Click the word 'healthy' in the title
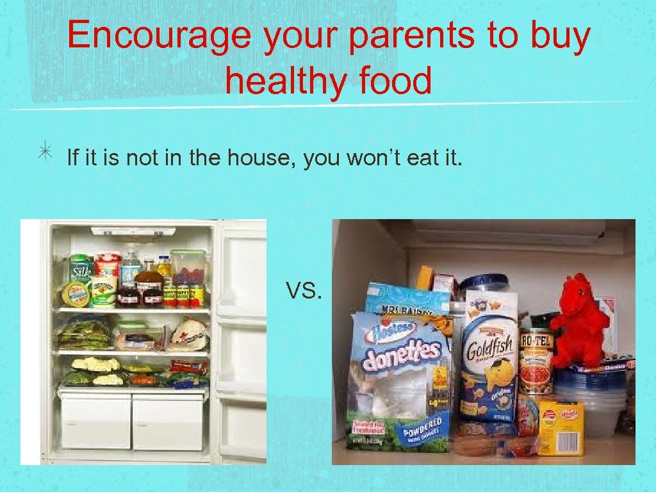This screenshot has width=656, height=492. coord(279,81)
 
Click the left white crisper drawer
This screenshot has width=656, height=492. coord(96,421)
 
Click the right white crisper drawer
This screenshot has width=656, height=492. coord(168,421)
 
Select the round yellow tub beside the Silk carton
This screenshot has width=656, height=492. coord(76,295)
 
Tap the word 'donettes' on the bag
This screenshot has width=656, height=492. coord(402,355)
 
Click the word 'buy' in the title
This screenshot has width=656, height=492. coord(560,37)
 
